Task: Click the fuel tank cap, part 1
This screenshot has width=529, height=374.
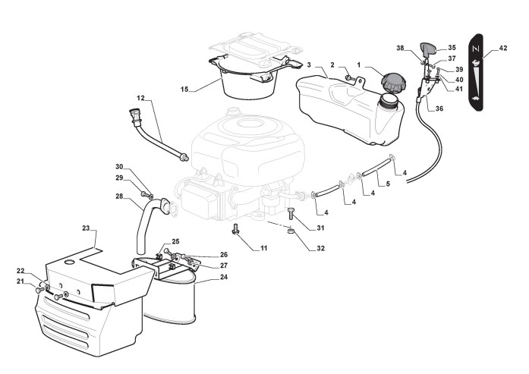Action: (393, 83)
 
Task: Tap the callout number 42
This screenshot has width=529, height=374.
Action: (502, 49)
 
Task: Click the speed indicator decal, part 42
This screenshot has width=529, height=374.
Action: (476, 73)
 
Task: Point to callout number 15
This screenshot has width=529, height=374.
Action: (184, 90)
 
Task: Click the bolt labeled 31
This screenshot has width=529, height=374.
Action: (291, 214)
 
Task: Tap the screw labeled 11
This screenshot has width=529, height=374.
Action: (235, 228)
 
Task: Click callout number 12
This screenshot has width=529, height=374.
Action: (140, 98)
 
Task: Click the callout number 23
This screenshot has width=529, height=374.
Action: (86, 228)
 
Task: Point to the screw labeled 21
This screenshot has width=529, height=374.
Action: (39, 289)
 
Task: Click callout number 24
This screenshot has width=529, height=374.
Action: (224, 277)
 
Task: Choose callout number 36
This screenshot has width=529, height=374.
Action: (439, 108)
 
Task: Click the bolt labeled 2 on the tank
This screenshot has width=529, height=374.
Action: (349, 78)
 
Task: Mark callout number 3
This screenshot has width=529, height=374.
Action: (309, 64)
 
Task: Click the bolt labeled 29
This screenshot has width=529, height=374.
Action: (145, 194)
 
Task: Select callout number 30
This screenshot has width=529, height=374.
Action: (119, 167)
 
